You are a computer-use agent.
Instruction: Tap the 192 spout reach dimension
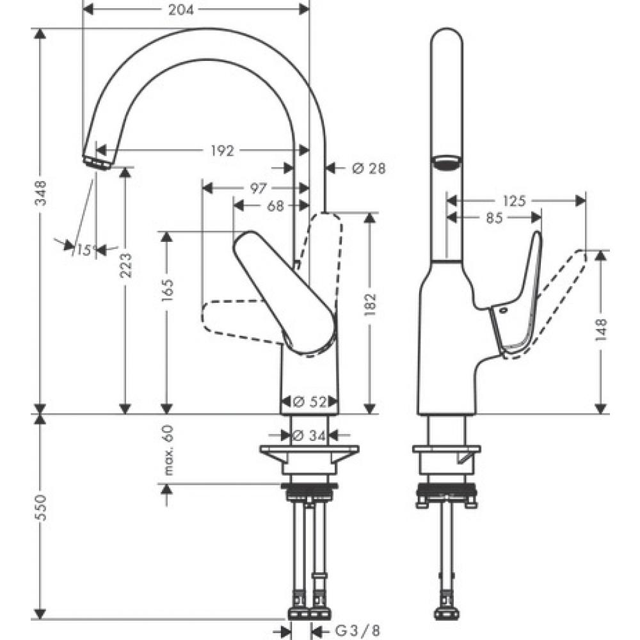(x=221, y=150)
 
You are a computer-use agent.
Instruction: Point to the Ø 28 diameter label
(x=369, y=168)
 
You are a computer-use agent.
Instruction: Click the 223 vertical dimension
(x=126, y=265)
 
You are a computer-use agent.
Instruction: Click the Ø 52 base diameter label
(x=310, y=402)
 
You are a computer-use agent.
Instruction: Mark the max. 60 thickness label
(x=168, y=450)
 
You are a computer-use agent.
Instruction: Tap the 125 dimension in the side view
(x=514, y=201)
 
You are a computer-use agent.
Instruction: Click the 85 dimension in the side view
(x=493, y=218)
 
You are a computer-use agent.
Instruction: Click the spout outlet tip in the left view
(x=97, y=161)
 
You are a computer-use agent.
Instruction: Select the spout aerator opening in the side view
(x=447, y=163)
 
